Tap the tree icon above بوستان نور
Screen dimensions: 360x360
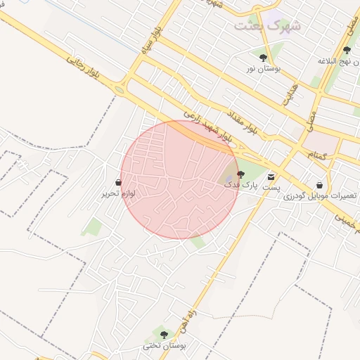263,58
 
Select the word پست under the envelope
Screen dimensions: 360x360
271,188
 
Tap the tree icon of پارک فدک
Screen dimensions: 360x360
240,174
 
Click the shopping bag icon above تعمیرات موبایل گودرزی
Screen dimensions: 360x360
320,184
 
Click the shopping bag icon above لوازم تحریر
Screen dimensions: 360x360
117,181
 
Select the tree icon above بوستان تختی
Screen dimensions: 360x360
164,334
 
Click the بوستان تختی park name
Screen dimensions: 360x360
163,345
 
